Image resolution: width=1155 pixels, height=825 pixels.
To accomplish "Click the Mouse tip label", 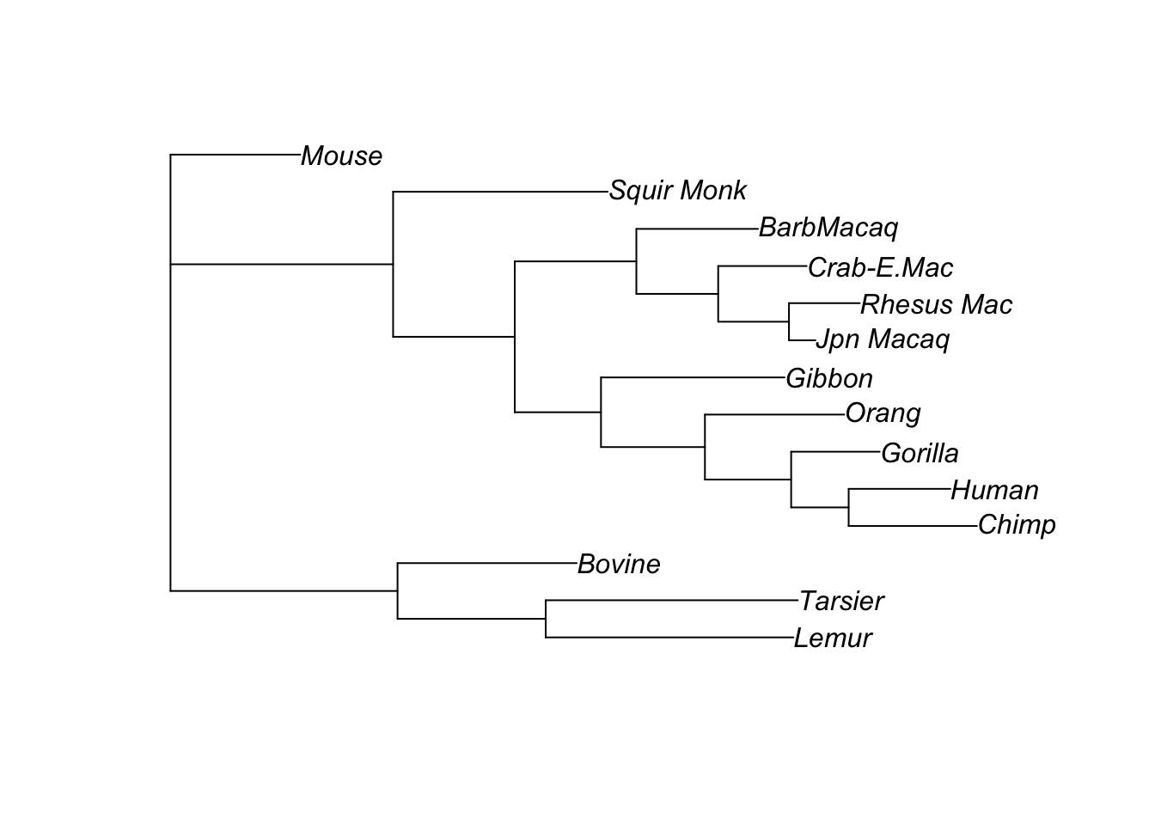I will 341,156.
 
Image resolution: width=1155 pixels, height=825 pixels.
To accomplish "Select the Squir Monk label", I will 677,191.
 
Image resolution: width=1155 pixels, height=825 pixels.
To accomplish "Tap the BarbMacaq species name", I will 828,228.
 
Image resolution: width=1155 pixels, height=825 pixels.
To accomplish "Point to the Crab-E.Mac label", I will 880,268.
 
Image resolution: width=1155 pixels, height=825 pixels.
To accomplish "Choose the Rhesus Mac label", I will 936,305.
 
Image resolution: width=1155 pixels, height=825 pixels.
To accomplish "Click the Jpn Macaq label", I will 882,339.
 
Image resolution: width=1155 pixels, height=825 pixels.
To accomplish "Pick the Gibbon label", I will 828,379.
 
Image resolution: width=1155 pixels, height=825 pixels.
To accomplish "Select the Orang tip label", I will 883,413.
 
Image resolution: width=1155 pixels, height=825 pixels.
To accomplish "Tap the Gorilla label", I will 920,454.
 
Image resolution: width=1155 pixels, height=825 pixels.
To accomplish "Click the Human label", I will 994,491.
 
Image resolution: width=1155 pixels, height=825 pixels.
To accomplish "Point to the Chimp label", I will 1017,525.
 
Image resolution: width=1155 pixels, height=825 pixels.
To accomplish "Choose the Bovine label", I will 619,565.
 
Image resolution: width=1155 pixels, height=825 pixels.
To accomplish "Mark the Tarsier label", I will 840,602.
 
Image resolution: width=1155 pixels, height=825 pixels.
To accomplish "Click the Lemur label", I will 832,639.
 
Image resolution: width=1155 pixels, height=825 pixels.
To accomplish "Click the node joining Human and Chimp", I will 849,508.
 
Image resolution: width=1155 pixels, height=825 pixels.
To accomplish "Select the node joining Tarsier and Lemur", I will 546,619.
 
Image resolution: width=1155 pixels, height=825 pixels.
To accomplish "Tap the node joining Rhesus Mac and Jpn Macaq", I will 789,322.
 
